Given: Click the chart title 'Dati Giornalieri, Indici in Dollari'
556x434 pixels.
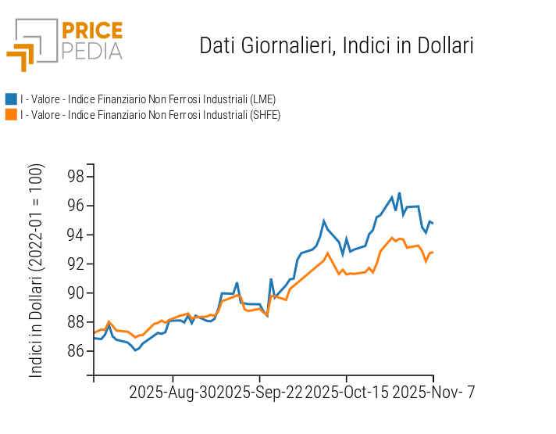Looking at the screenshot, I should (337, 45).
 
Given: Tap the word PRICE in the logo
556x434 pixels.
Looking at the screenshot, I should (91, 31).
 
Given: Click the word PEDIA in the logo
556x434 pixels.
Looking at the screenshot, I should (91, 51).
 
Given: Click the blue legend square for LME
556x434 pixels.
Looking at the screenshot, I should (11, 99).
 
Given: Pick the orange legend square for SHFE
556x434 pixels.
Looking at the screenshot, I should (11, 115).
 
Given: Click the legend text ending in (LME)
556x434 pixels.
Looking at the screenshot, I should (148, 99).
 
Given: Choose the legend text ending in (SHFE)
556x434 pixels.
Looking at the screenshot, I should (150, 115).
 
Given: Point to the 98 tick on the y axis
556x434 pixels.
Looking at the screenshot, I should (75, 177).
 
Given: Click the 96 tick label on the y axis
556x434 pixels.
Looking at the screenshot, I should (75, 206).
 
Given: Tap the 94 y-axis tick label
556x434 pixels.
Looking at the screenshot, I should (75, 235).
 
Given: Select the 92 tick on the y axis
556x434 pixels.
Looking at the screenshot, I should (75, 264).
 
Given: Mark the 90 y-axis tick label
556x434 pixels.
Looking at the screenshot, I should (75, 293).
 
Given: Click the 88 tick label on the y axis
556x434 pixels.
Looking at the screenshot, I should (75, 322).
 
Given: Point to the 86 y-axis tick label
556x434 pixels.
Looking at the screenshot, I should (75, 351).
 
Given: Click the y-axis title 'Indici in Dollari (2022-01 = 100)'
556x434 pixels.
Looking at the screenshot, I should (37, 271).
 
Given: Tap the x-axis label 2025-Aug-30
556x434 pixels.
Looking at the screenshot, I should (173, 392).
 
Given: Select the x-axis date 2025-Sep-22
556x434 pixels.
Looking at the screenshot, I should (259, 392).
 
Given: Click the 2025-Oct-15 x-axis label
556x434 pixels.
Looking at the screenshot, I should (346, 392).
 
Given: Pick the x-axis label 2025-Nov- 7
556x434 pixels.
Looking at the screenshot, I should (433, 392).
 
